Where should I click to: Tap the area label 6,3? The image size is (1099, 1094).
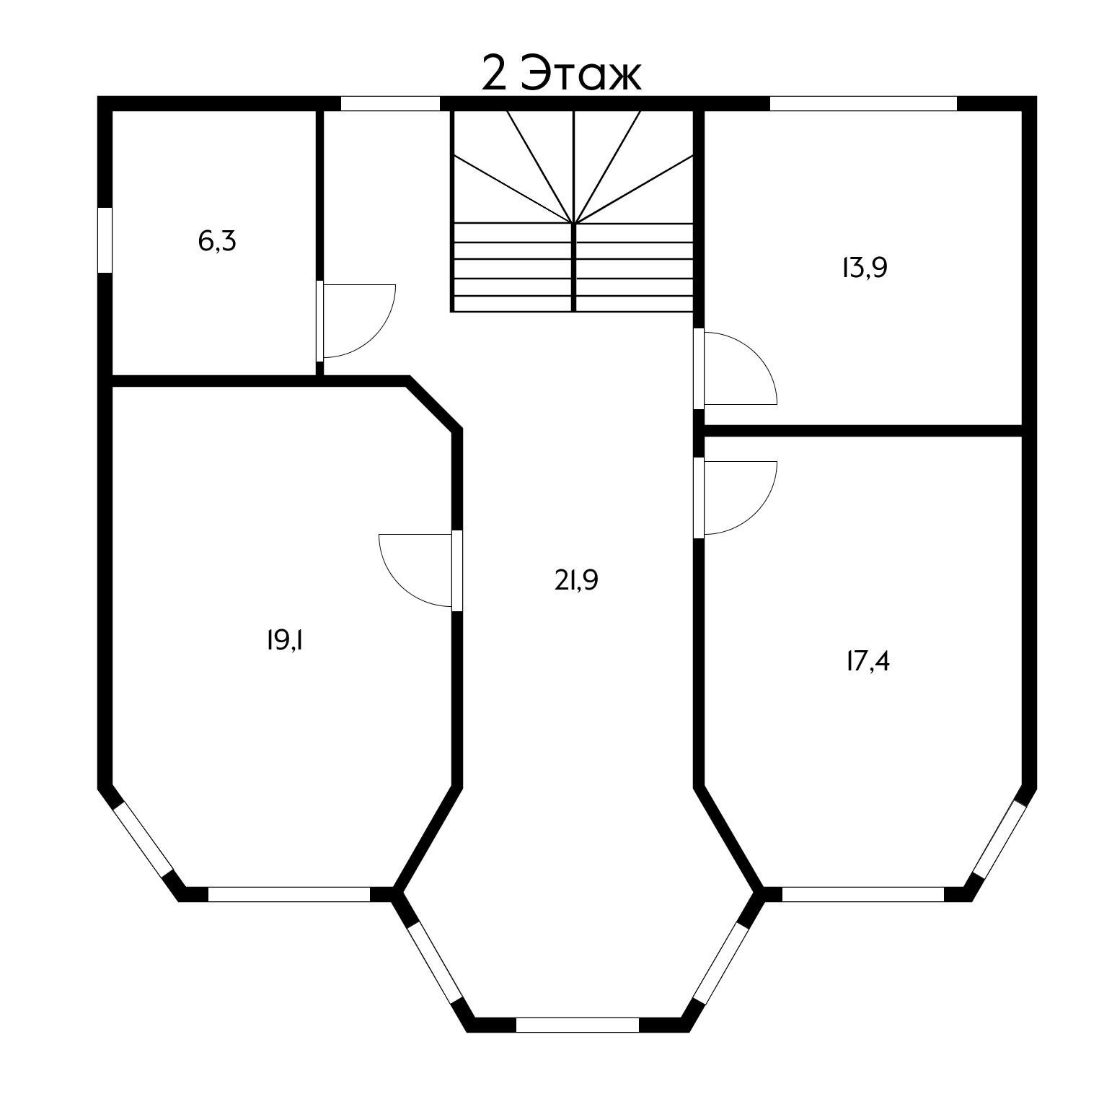[217, 241]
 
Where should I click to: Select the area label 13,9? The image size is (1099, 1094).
[864, 268]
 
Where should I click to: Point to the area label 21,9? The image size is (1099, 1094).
[576, 580]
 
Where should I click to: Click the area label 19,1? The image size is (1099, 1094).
[284, 640]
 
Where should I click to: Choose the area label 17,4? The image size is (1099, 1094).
[868, 661]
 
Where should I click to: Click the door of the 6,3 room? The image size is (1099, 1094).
[356, 321]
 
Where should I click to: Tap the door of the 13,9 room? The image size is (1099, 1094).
[736, 367]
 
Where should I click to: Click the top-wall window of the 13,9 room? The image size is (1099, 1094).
[863, 103]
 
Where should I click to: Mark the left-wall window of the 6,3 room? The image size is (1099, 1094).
[105, 240]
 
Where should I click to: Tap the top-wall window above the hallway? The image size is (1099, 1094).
[390, 103]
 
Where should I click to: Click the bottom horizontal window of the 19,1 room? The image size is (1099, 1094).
[289, 894]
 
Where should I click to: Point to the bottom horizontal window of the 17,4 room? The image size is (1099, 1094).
[863, 894]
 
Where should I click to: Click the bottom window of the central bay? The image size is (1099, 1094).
[578, 1025]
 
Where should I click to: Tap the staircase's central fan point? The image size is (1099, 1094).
[573, 223]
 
